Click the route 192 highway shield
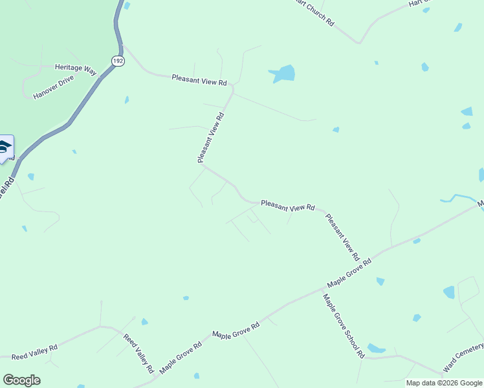[117, 60]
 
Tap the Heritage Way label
[75, 68]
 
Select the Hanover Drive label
[54, 87]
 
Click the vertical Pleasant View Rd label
[210, 138]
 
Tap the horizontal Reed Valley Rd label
[34, 352]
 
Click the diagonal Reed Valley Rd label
[138, 354]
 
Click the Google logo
[21, 380]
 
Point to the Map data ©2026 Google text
[444, 383]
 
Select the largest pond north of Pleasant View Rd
[283, 74]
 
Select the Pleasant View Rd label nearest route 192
[199, 80]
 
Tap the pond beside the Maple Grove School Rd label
[376, 349]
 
